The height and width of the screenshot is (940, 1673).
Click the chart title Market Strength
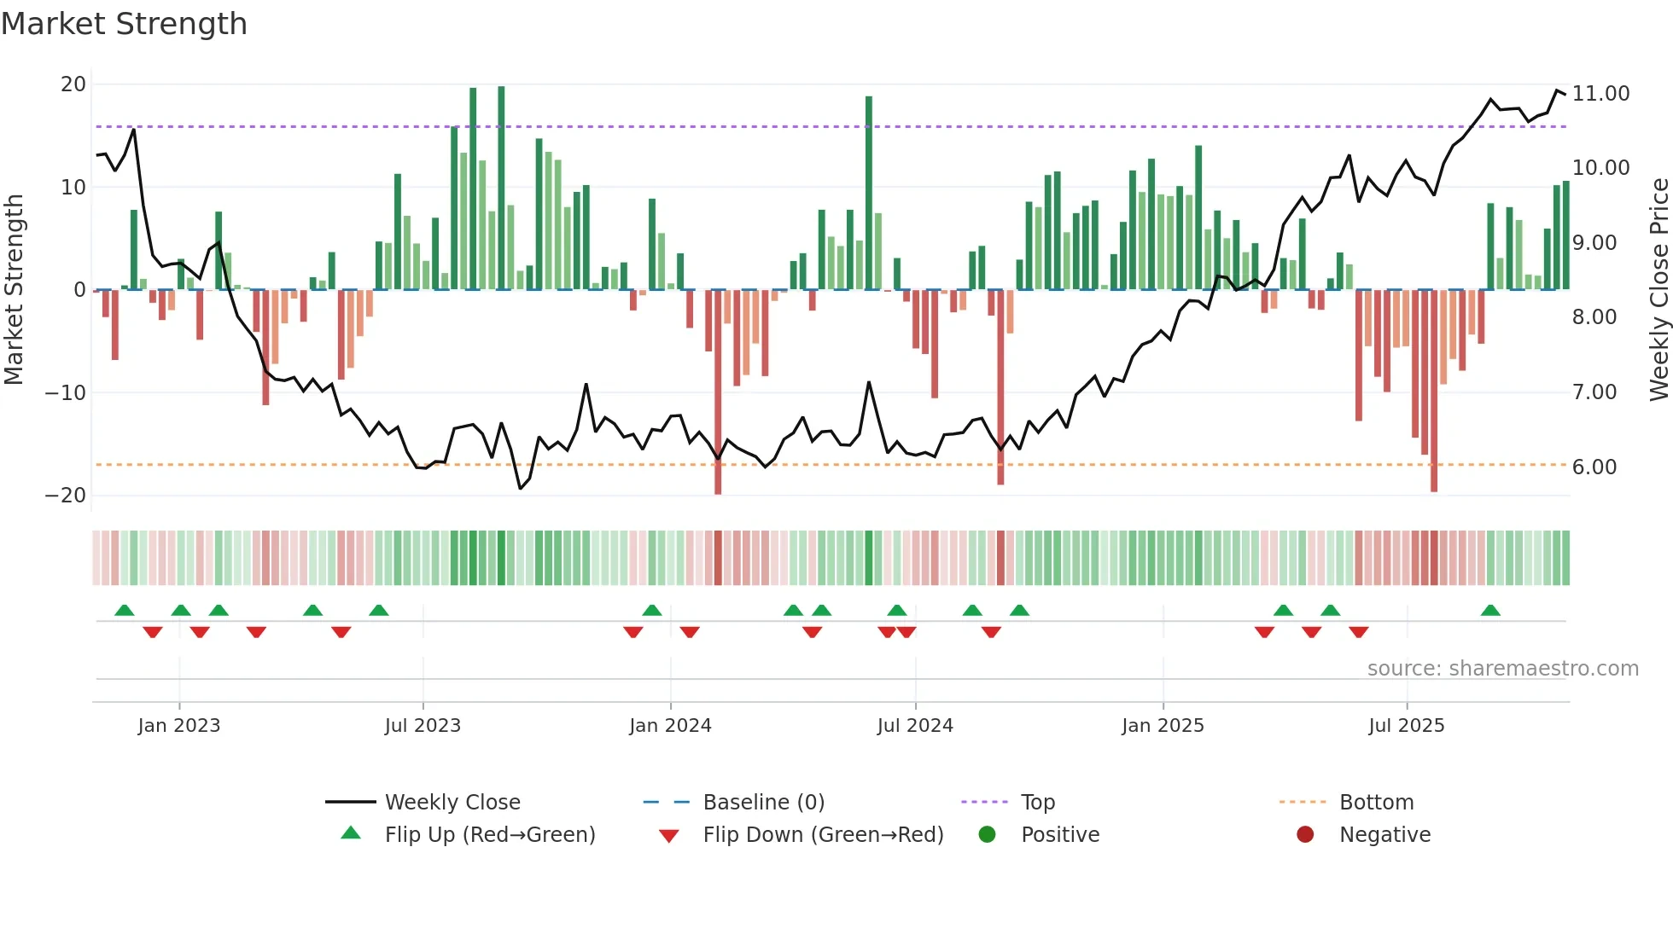coord(124,24)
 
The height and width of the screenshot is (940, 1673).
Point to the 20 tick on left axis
coord(73,84)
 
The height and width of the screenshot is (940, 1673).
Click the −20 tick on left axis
coord(66,496)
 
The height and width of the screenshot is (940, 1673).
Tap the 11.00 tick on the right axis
coord(1600,94)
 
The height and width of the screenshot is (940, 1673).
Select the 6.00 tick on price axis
coord(1594,467)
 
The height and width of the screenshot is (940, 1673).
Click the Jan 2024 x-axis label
coord(670,726)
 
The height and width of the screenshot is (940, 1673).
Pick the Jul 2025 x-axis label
coord(1406,726)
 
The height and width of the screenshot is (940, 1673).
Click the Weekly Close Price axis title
coord(1658,289)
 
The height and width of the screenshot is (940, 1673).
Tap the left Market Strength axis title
coord(14,289)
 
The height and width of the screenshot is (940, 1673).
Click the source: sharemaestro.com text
coord(1502,669)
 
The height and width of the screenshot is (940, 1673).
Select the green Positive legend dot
coord(988,835)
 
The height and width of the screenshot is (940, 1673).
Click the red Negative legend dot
coord(1305,835)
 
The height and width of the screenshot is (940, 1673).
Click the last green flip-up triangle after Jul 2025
coord(1490,611)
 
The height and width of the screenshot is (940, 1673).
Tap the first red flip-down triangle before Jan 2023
coord(153,632)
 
